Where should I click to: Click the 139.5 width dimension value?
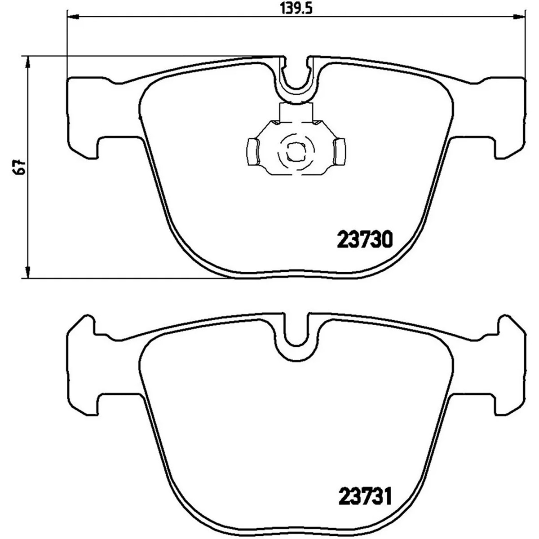(296, 9)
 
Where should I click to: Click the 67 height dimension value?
(20, 167)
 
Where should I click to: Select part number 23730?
(365, 239)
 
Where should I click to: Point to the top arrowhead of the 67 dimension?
(28, 62)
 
